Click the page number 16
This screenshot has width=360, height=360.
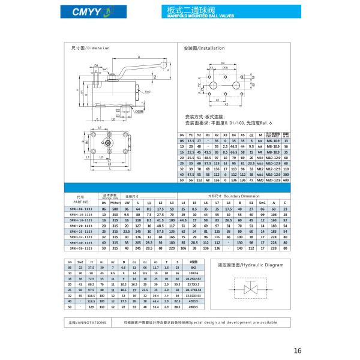pos(298,351)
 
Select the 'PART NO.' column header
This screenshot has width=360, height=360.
pos(82,202)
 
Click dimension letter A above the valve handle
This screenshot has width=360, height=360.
pos(139,56)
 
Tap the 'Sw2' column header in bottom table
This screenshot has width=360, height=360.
pos(82,262)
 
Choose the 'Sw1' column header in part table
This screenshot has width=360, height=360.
pos(262,202)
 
